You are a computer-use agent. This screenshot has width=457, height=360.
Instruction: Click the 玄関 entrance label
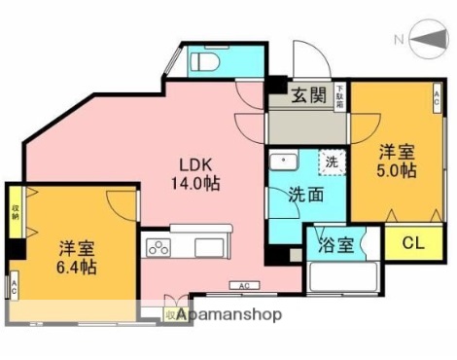(x=309, y=95)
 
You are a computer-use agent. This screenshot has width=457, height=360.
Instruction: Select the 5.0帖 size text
(x=398, y=171)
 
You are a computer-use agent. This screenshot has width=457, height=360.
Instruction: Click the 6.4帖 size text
(x=75, y=266)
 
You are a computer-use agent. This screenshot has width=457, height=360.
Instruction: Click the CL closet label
(x=410, y=242)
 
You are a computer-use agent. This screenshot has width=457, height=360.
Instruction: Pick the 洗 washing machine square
(x=332, y=162)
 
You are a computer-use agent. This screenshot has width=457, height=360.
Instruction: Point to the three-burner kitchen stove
(x=157, y=246)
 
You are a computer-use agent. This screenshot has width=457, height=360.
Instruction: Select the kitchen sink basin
(x=201, y=244)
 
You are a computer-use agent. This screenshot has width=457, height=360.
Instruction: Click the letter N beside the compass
(x=399, y=40)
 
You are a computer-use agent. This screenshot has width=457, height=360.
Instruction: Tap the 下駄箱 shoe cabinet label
(x=340, y=95)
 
